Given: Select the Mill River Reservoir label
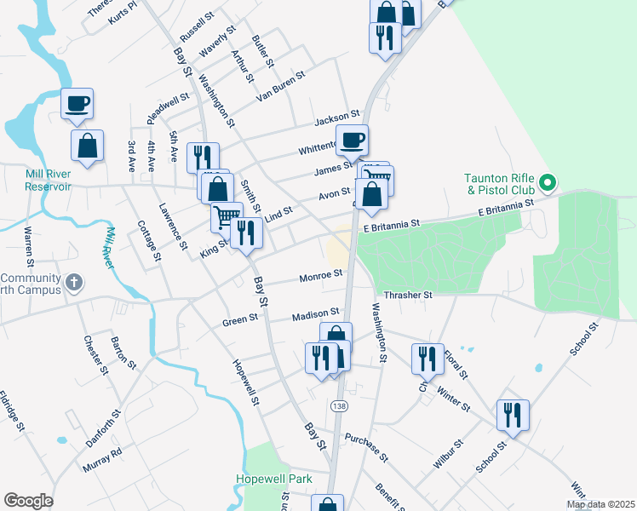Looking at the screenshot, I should (x=35, y=180).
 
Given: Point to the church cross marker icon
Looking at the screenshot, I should (x=75, y=281).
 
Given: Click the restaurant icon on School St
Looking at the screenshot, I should (x=513, y=415).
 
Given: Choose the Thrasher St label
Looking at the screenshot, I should (x=409, y=295).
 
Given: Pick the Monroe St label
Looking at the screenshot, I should (x=321, y=275).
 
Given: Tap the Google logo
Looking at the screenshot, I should (x=28, y=501).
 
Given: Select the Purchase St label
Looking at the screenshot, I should (x=366, y=448).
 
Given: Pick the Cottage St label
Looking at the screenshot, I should (x=149, y=240).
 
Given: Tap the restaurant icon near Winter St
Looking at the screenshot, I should (x=427, y=359).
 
